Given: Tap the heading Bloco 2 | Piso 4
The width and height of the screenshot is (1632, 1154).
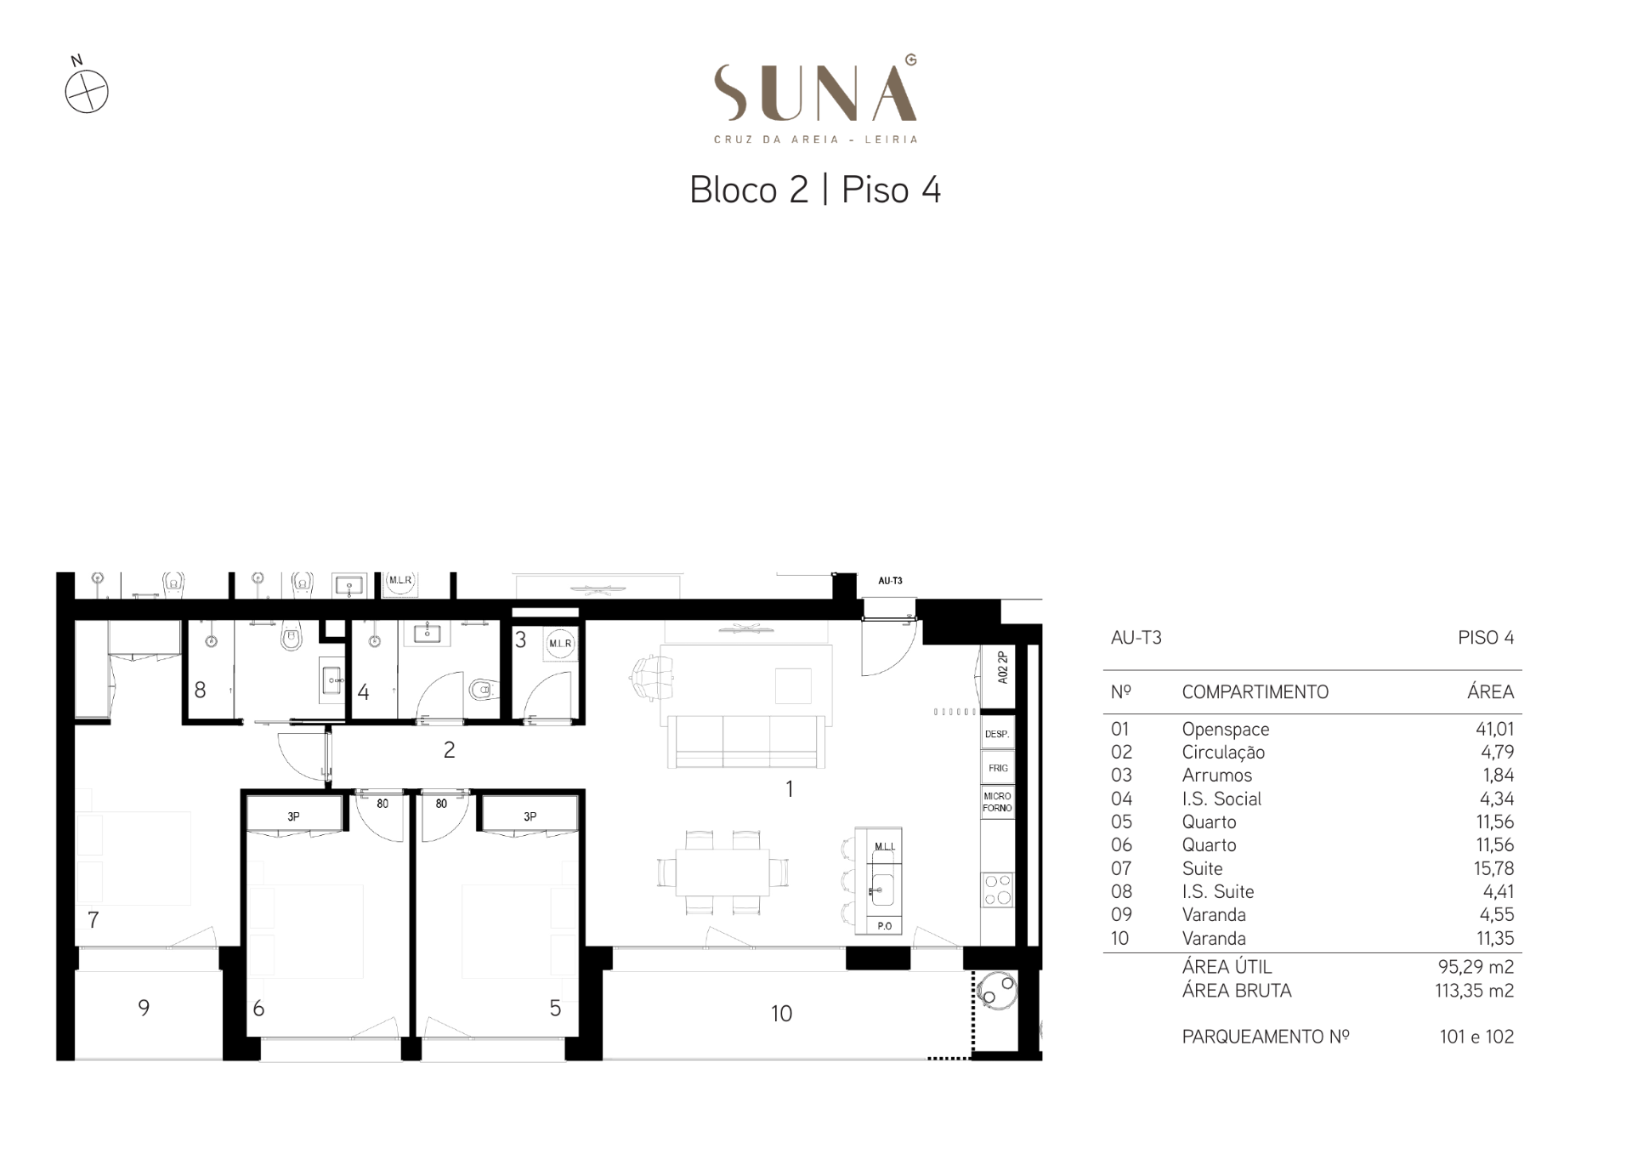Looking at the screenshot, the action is [815, 190].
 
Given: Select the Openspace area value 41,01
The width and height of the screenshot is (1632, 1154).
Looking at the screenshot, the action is [1494, 729].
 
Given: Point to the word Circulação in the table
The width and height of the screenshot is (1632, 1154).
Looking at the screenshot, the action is [1223, 753].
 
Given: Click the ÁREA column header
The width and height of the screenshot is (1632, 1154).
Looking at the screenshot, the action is [1490, 691].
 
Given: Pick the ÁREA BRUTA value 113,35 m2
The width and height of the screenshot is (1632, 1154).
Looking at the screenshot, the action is [1474, 991].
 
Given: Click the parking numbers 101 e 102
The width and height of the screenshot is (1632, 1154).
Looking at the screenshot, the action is [1476, 1037].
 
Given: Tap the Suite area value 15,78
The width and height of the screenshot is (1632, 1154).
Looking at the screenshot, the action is [1495, 868].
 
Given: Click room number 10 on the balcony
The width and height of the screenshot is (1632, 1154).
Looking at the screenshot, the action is [781, 1014].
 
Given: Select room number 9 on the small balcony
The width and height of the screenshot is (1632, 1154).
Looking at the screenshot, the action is [144, 1008].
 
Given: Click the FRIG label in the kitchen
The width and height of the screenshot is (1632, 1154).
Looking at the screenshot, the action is [998, 768].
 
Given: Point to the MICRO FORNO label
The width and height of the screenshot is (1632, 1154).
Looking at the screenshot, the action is [997, 802].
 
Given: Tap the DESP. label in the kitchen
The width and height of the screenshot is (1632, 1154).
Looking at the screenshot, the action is [997, 734].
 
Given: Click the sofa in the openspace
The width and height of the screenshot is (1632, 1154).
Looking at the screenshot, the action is [745, 742].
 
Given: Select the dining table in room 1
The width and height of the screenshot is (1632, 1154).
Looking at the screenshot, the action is [722, 873].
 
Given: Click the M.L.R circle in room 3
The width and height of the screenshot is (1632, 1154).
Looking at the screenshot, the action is [560, 644].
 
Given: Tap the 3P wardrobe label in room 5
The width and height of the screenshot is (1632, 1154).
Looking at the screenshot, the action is [530, 816].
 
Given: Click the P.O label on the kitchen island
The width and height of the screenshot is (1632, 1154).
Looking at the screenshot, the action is [885, 926].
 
